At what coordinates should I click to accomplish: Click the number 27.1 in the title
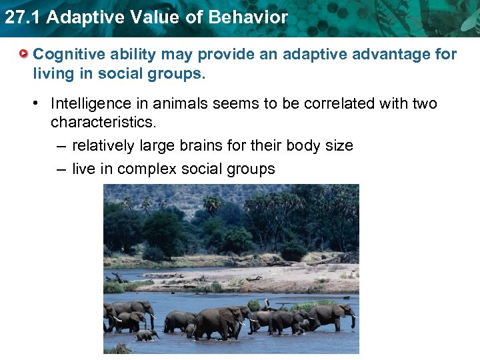coord(22,17)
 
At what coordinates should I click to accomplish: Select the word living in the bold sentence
coord(54,73)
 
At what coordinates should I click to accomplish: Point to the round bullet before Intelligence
coord(39,104)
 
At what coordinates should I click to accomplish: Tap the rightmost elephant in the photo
coord(337,315)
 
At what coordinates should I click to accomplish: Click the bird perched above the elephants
coord(267,304)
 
